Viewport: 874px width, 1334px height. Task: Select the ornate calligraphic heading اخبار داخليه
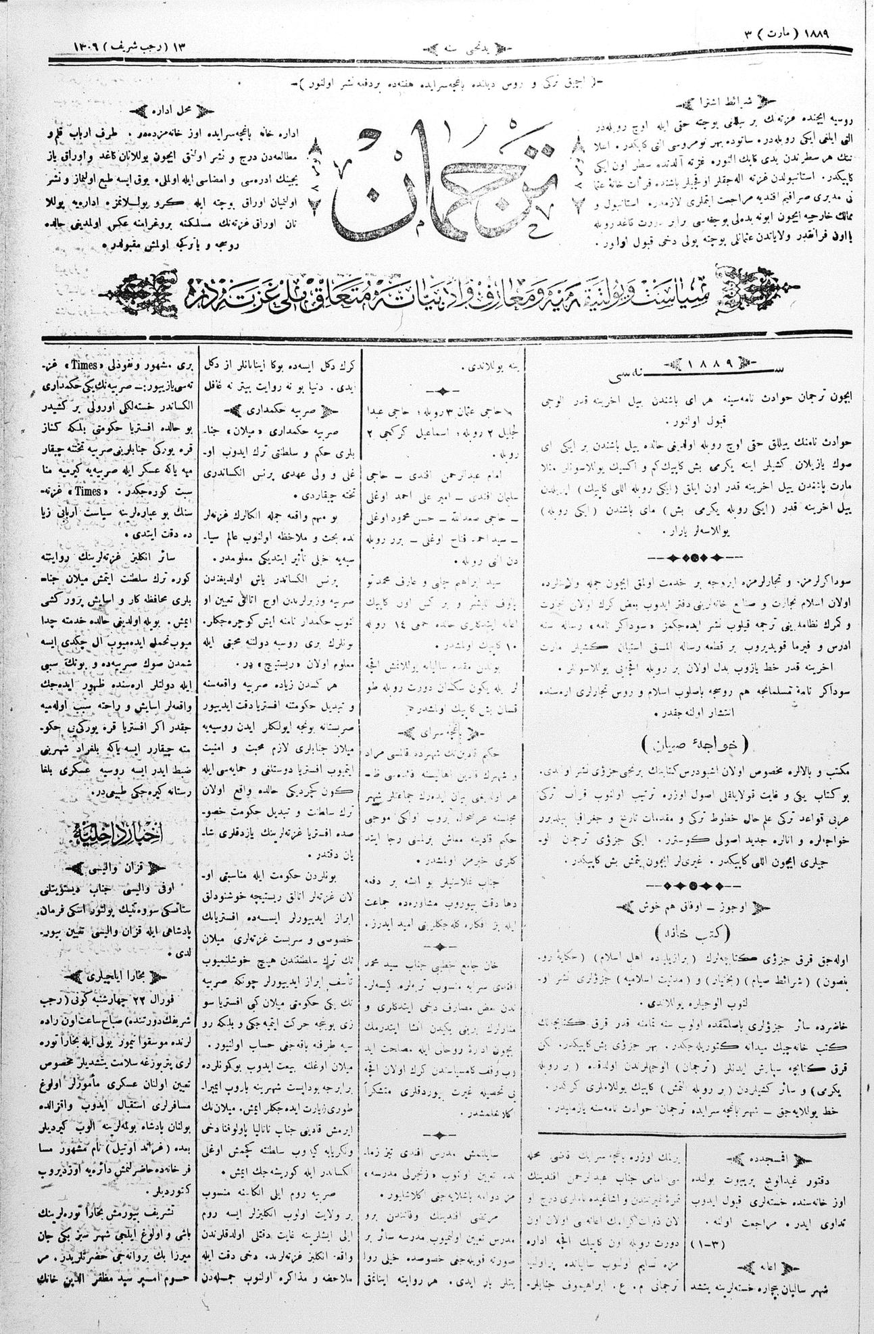(x=112, y=829)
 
